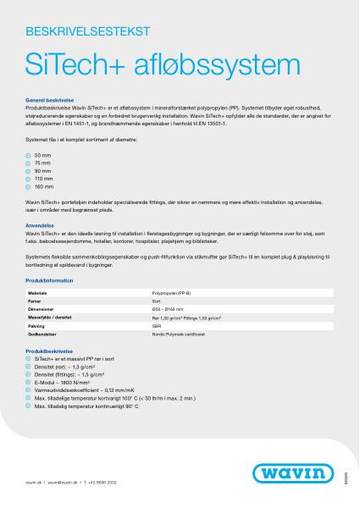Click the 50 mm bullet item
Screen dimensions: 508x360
pyautogui.click(x=42, y=152)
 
